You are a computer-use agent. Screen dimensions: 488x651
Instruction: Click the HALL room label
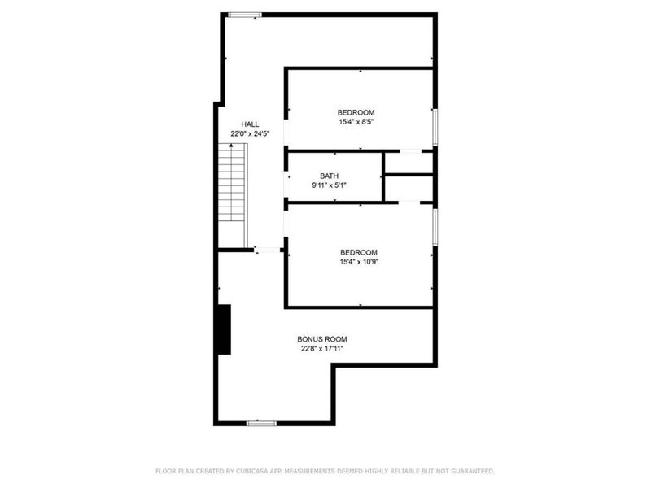point(250,124)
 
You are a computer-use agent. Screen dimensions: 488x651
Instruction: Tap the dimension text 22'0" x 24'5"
point(250,133)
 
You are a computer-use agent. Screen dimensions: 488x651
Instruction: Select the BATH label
point(329,176)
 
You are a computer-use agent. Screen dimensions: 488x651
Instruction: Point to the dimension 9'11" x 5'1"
point(329,185)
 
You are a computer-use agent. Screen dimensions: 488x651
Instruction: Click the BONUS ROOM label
point(322,339)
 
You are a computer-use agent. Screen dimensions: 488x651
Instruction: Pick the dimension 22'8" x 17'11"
point(322,349)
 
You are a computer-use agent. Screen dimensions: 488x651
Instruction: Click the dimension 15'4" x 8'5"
point(356,122)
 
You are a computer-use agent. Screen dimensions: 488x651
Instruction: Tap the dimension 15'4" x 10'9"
point(359,262)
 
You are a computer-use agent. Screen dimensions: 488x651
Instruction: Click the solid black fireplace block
point(223,329)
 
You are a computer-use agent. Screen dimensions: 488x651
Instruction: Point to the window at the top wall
point(244,14)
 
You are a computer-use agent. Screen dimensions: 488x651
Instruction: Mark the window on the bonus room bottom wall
point(261,423)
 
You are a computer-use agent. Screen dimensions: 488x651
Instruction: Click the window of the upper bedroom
point(435,127)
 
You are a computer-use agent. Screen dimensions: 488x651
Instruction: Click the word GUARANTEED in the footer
point(470,471)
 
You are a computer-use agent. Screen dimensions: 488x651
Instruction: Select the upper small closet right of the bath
point(409,163)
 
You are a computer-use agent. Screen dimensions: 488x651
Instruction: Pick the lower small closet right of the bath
point(409,188)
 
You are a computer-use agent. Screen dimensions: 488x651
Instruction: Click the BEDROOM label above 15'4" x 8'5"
point(356,112)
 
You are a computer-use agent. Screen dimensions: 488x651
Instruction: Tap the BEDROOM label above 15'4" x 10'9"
point(359,252)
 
